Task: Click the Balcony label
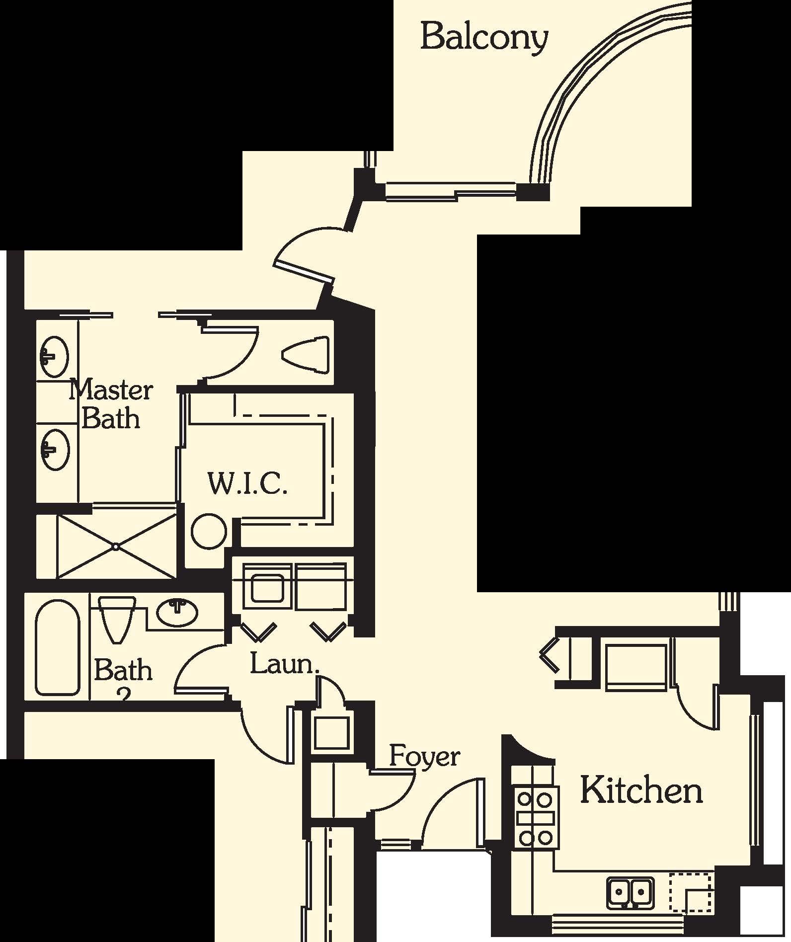coord(484,37)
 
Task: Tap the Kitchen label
coord(641,790)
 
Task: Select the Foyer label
coord(424,757)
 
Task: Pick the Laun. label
coord(284,664)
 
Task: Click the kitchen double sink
coord(630,891)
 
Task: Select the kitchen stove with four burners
coord(535,817)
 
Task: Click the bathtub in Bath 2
coord(57,648)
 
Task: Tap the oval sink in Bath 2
coord(177,613)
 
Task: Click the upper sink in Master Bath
coord(54,357)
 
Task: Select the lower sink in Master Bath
coord(55,449)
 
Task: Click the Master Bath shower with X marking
coord(116,547)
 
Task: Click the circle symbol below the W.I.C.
coord(209,531)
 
